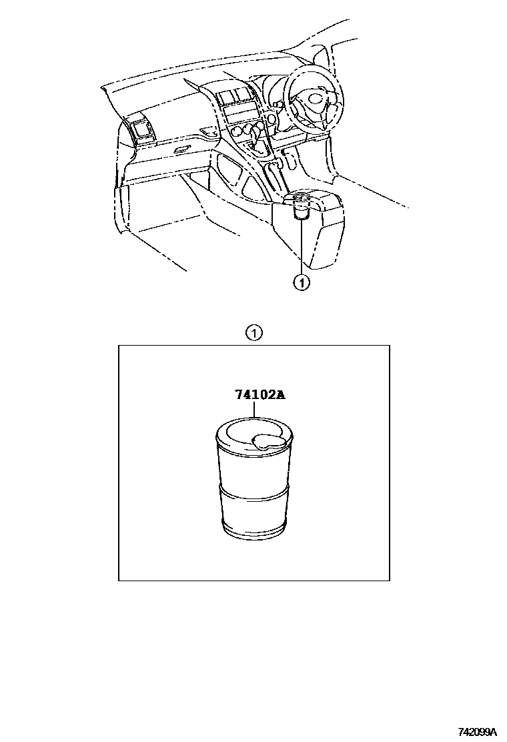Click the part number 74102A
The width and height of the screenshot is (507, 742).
(x=259, y=394)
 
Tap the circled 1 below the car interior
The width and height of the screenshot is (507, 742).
(x=302, y=283)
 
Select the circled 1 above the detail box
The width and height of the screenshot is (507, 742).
(x=254, y=333)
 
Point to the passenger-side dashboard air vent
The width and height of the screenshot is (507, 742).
(x=142, y=129)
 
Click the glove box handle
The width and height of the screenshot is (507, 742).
(x=181, y=150)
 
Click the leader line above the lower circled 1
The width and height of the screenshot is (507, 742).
(x=302, y=246)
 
